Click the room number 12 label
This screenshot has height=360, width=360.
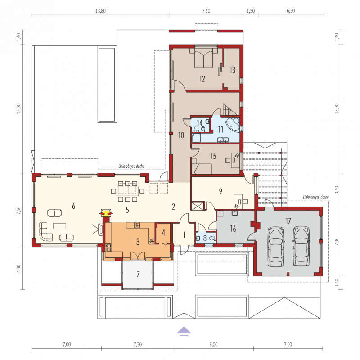[x=202, y=79]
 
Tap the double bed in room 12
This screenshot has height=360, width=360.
[x=203, y=58]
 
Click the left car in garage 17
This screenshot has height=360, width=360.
[x=276, y=246]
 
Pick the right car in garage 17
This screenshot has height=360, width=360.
[x=301, y=246]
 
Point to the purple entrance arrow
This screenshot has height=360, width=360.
[x=184, y=332]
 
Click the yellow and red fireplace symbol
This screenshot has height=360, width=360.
[x=106, y=213]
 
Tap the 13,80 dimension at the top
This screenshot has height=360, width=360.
[x=100, y=11]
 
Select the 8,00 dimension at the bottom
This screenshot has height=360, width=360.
[x=213, y=344]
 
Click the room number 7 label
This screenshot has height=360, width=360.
[x=138, y=274]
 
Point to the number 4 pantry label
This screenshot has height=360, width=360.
[x=163, y=233]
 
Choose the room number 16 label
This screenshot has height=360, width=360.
[x=233, y=229]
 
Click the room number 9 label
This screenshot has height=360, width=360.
[x=220, y=191]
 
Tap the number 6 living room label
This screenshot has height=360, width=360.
[x=73, y=206]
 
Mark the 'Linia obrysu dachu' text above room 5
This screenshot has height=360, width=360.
[x=131, y=166]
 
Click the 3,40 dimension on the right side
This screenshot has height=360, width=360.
[x=337, y=190]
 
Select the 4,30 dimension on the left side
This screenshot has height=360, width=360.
[x=18, y=268]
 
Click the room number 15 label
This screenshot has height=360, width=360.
[x=213, y=156]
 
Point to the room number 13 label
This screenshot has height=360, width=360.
[x=232, y=70]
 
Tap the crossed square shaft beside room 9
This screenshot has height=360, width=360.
[x=198, y=206]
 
